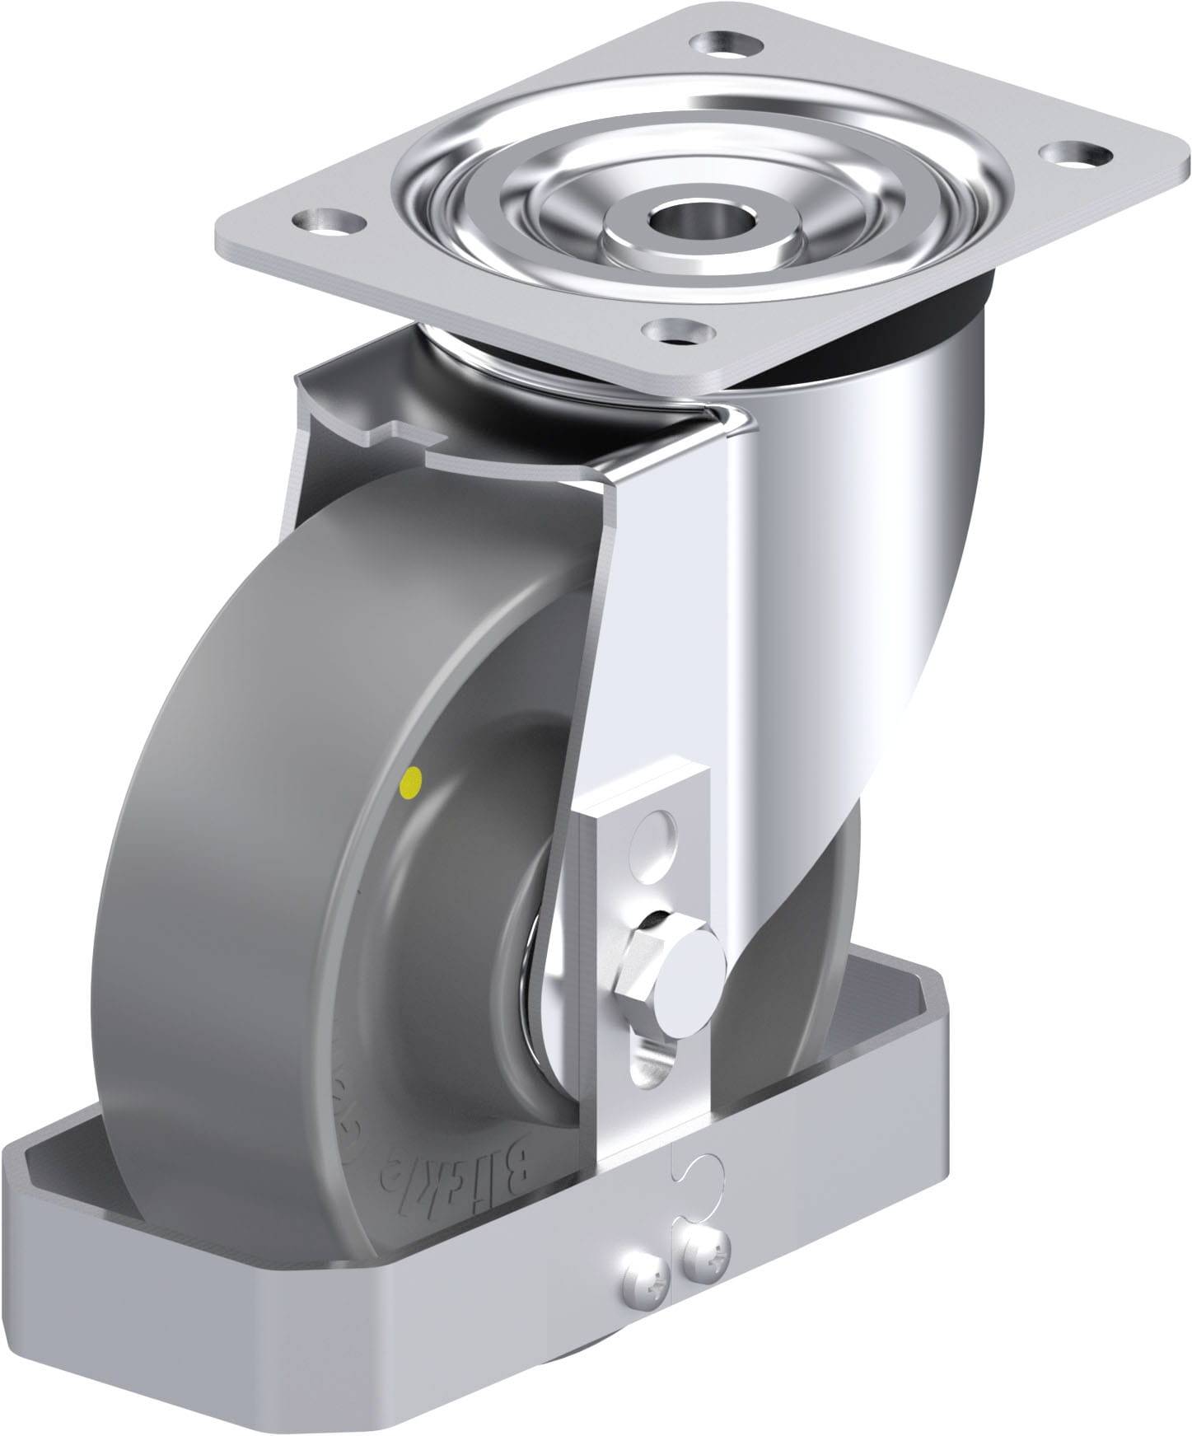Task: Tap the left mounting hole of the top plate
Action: pyautogui.click(x=329, y=220)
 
